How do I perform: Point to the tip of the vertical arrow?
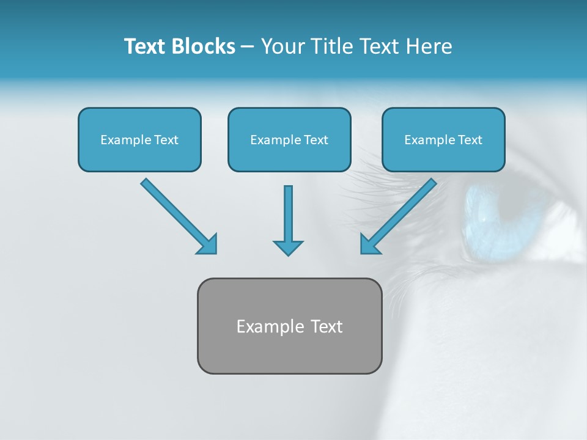click(x=288, y=254)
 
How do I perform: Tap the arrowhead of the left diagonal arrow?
click(x=208, y=244)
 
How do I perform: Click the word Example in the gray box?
click(x=267, y=327)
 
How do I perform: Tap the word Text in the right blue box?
click(x=470, y=140)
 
